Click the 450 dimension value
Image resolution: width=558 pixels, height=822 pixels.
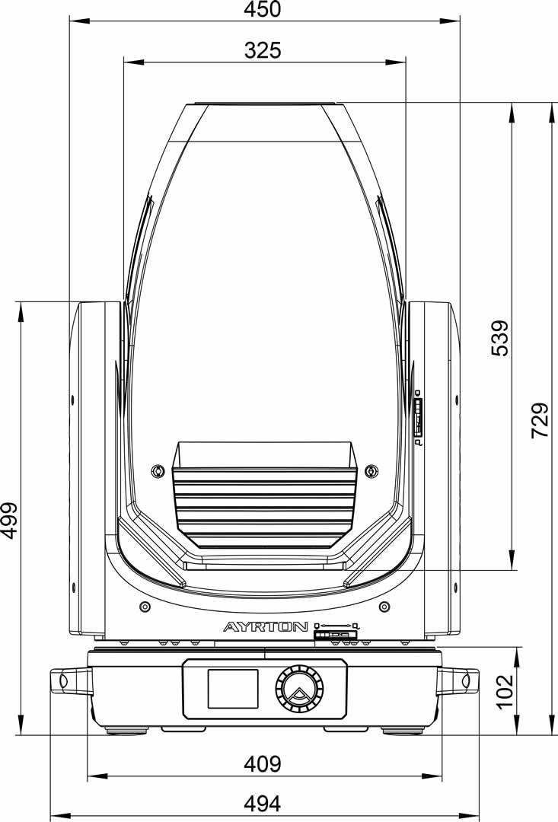[263, 9]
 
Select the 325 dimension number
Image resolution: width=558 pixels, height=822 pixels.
[263, 50]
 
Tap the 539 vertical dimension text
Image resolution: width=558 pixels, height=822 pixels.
[500, 338]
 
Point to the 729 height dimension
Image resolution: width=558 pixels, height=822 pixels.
[540, 420]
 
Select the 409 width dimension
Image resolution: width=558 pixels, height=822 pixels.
[263, 764]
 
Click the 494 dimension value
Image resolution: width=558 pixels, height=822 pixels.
[263, 803]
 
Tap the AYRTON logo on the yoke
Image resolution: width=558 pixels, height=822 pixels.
[266, 626]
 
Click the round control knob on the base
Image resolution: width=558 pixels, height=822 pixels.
[299, 688]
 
